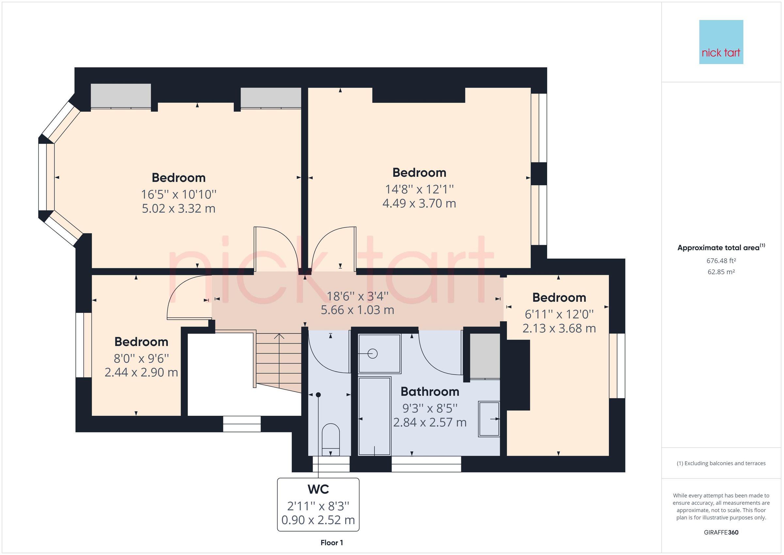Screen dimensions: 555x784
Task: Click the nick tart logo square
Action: click(x=721, y=42)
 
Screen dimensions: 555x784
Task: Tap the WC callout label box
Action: click(x=318, y=504)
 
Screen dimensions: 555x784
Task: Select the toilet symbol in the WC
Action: click(x=331, y=439)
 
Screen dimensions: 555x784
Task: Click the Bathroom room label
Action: click(x=430, y=392)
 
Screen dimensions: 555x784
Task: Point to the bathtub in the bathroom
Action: click(x=374, y=416)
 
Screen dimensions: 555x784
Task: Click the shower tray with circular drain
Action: click(x=379, y=354)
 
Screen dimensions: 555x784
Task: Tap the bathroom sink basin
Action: click(x=489, y=419)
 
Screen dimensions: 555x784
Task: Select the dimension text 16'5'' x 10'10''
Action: click(x=179, y=194)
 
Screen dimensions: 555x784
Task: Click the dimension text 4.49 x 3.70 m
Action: click(x=419, y=203)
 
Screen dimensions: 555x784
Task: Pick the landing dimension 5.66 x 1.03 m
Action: click(x=357, y=310)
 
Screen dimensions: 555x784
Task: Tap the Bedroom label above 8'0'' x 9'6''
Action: click(x=141, y=342)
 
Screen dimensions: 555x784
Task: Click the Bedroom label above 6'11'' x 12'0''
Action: click(x=559, y=298)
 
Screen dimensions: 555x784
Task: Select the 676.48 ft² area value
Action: click(x=721, y=261)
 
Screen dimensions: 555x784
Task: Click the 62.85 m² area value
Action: click(x=721, y=272)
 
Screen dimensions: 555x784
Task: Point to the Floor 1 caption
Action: click(x=332, y=543)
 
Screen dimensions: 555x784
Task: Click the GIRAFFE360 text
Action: click(x=721, y=532)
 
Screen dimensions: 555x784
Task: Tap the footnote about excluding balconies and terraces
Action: click(x=721, y=463)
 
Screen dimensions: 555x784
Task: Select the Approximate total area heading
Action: click(x=721, y=248)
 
